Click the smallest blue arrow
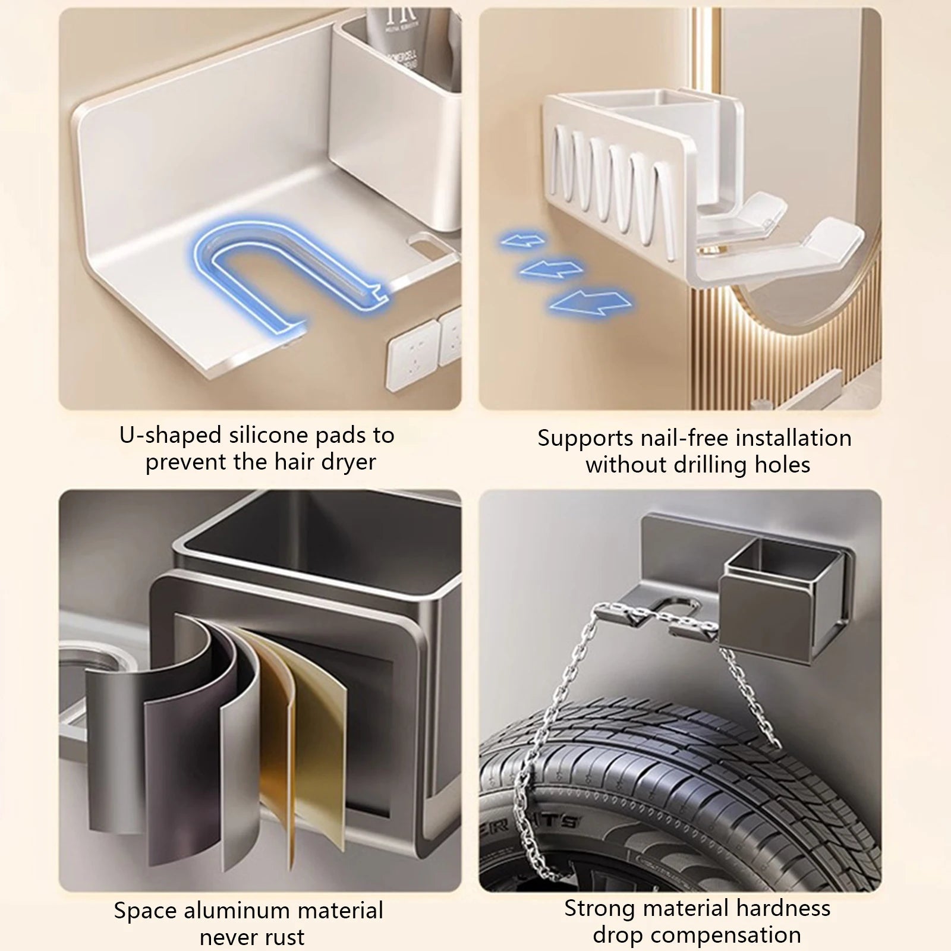tap(523, 241)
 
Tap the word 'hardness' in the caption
tap(783, 908)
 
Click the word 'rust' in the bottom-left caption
tap(285, 937)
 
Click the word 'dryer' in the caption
tap(351, 462)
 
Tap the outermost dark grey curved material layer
tap(113, 749)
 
